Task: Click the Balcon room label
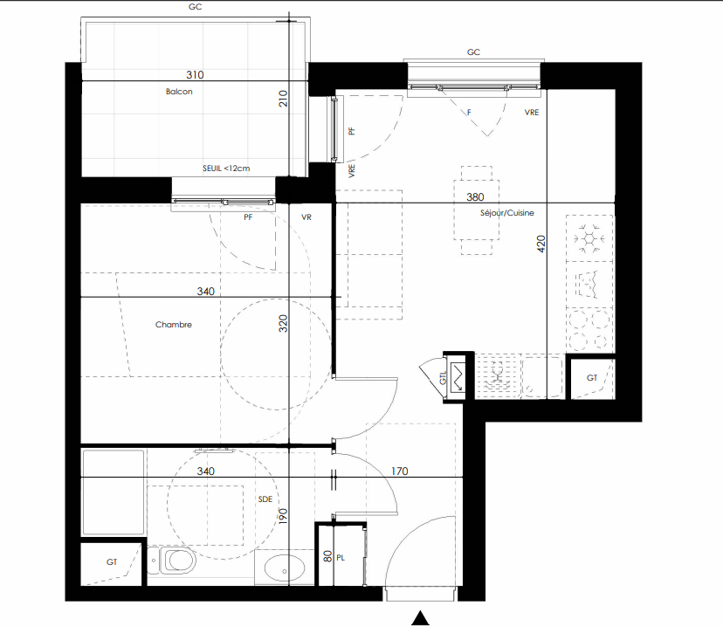(x=179, y=92)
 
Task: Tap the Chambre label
(x=174, y=325)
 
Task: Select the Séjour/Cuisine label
(x=506, y=213)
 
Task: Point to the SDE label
(x=265, y=499)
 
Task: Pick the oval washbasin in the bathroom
(x=285, y=568)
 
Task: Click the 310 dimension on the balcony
(x=195, y=75)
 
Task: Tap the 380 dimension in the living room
(x=475, y=197)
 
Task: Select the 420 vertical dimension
(x=541, y=244)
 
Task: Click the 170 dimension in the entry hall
(x=400, y=471)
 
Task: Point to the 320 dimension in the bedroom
(x=283, y=323)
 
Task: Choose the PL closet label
(x=341, y=558)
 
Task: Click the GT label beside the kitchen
(x=592, y=378)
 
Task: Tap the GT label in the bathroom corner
(x=112, y=562)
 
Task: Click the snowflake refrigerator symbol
(x=589, y=238)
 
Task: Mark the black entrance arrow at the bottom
(x=420, y=618)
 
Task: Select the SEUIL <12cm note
(x=226, y=169)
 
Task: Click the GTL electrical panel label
(x=443, y=378)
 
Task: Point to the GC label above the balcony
(x=195, y=7)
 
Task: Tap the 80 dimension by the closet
(x=327, y=556)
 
